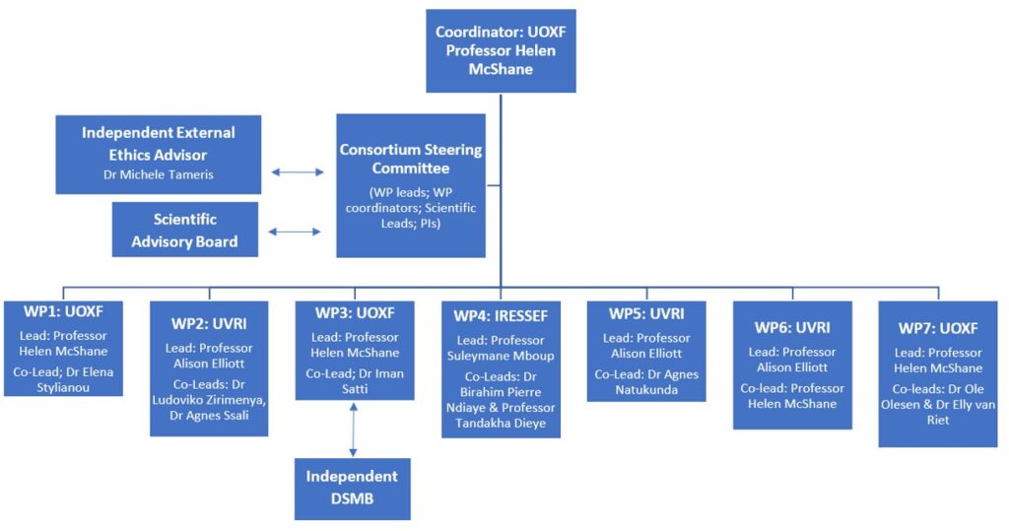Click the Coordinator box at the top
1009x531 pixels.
501,51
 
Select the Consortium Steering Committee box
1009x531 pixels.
411,185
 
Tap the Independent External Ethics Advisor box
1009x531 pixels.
159,155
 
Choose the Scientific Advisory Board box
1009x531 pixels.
184,230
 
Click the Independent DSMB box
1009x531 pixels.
352,489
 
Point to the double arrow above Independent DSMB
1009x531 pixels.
353,430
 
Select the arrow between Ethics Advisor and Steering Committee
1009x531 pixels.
298,171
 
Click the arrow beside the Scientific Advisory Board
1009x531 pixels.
294,232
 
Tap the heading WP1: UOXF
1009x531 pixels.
63,311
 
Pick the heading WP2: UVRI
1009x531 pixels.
209,324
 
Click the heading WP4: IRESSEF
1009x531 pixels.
501,316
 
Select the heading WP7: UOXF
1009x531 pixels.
938,328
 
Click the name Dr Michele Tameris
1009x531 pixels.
159,174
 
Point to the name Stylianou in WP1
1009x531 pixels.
63,387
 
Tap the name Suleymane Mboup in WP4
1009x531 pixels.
501,356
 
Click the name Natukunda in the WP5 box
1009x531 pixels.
646,390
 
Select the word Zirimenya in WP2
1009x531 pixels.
235,400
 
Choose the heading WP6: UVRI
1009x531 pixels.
792,328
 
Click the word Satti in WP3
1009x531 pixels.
355,389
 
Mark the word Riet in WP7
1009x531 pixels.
938,420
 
